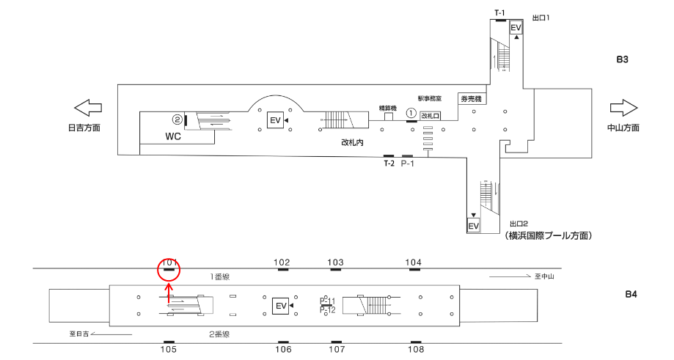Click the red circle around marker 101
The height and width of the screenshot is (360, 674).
point(169,269)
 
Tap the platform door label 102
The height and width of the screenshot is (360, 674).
point(282,262)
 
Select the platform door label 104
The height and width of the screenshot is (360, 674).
point(414,262)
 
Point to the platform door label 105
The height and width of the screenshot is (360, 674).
point(169,350)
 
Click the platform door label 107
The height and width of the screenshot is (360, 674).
point(337,350)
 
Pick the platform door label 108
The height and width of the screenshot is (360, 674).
point(416,350)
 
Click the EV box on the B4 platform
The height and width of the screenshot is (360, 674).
point(279,306)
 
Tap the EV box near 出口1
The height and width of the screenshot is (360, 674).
point(516,28)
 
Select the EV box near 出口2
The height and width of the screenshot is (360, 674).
point(474,226)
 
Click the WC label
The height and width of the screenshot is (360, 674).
point(173,136)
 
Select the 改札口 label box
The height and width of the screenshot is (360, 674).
point(431,116)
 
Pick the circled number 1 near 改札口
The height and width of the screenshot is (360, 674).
point(411,114)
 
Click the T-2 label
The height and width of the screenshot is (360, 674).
point(389,164)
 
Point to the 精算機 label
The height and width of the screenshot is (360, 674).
point(387,108)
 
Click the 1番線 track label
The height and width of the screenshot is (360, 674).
point(221,276)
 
